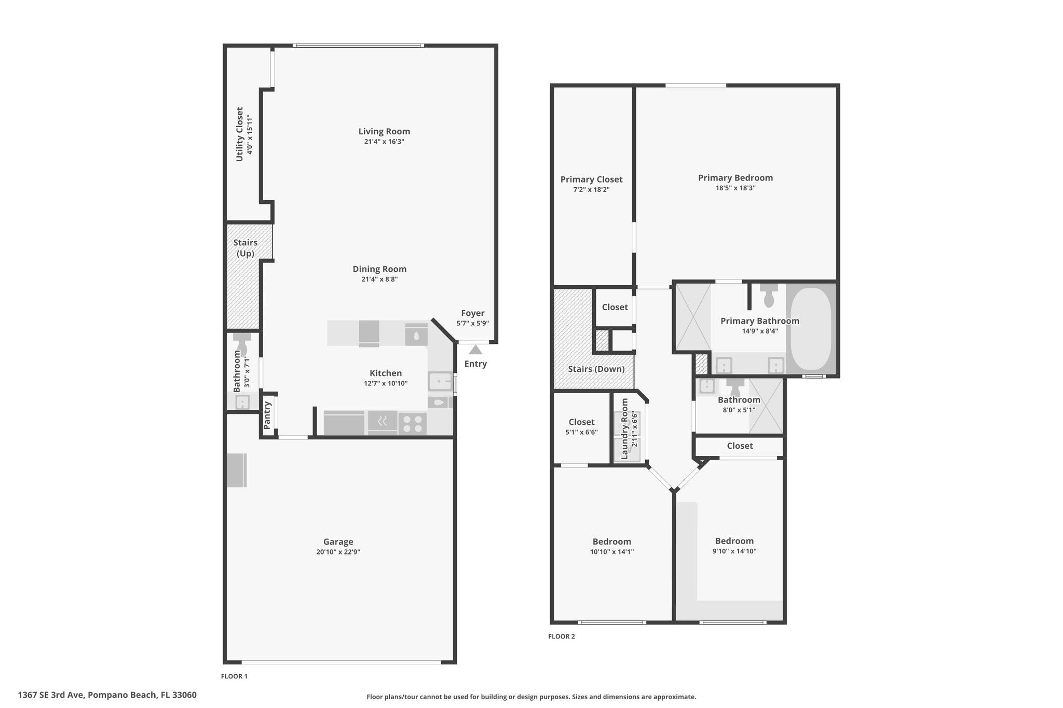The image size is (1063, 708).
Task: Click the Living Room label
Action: pyautogui.click(x=384, y=132)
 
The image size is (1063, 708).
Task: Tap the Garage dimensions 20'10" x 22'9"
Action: pyautogui.click(x=338, y=552)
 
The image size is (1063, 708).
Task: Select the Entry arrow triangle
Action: pyautogui.click(x=475, y=350)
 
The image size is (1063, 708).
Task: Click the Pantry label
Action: pyautogui.click(x=267, y=415)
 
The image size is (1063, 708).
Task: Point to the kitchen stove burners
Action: pyautogui.click(x=413, y=424)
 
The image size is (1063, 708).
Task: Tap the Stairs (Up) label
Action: pyautogui.click(x=245, y=248)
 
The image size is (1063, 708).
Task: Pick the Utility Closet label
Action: pyautogui.click(x=239, y=134)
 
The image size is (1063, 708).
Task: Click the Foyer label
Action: pyautogui.click(x=472, y=313)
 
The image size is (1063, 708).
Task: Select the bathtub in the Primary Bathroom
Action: pyautogui.click(x=811, y=328)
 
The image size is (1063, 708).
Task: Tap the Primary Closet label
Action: pyautogui.click(x=591, y=179)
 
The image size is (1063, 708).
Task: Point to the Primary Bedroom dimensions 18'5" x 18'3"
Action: pyautogui.click(x=735, y=188)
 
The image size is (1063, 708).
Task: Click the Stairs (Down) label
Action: pyautogui.click(x=596, y=369)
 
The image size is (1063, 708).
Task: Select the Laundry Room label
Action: pyautogui.click(x=624, y=428)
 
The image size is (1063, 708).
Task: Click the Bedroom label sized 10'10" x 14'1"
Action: pyautogui.click(x=611, y=542)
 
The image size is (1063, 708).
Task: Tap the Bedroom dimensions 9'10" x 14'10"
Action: pyautogui.click(x=734, y=551)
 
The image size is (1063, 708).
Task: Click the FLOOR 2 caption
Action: pyautogui.click(x=562, y=636)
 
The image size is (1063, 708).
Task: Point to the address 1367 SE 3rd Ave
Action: pyautogui.click(x=107, y=695)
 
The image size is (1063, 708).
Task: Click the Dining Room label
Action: pyautogui.click(x=379, y=269)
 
